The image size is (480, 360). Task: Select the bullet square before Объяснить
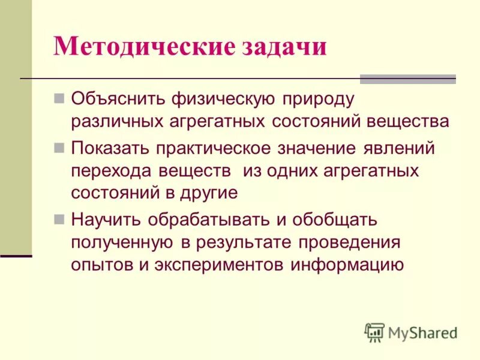59,97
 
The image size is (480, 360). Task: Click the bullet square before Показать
59,146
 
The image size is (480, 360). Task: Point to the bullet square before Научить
59,219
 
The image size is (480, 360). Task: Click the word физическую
223,98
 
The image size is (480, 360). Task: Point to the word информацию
347,265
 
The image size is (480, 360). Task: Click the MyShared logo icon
374,332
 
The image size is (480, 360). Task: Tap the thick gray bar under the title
407,79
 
